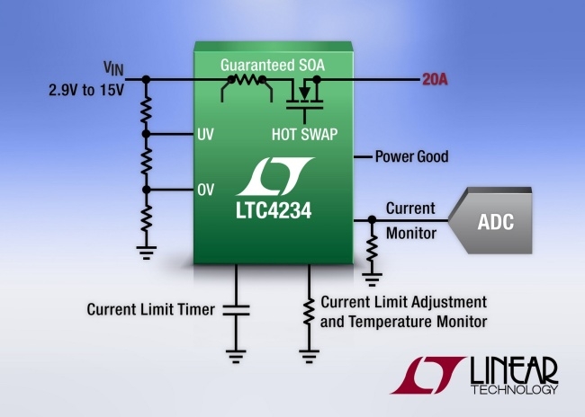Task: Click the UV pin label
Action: point(205,136)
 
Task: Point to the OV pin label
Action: point(205,190)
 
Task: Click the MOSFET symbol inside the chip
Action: point(306,96)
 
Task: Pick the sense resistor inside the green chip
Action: point(245,82)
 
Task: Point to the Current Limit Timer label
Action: point(150,310)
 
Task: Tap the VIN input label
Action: point(112,67)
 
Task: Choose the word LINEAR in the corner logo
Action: point(513,370)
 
